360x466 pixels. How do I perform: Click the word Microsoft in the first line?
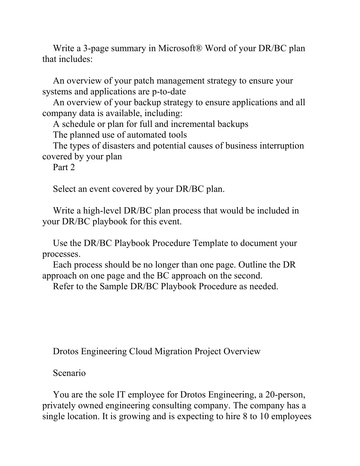pyautogui.click(x=180, y=48)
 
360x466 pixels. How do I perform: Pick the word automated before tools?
pyautogui.click(x=146, y=135)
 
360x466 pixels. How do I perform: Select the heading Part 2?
pyautogui.click(x=64, y=167)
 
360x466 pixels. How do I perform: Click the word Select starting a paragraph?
pyautogui.click(x=64, y=189)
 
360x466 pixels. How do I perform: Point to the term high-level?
pyautogui.click(x=102, y=211)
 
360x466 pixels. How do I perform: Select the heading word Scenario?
pyautogui.click(x=69, y=373)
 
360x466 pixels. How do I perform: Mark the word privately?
pyautogui.click(x=58, y=406)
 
